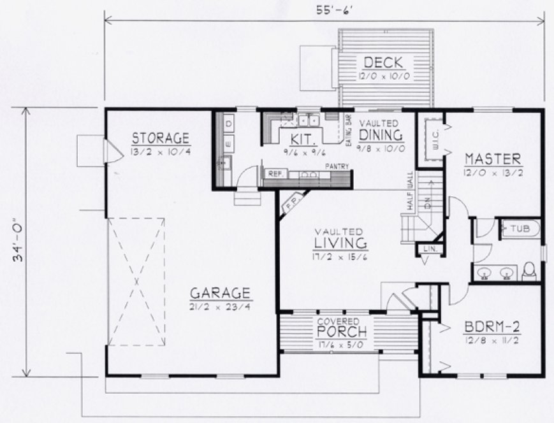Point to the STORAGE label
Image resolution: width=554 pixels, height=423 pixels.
coord(161,138)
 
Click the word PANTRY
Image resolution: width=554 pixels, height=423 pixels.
coord(336,166)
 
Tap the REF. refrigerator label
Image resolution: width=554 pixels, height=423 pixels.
coord(275,173)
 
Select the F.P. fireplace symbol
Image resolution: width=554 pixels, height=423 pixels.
coord(293,199)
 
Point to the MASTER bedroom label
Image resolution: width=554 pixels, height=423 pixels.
coord(493,159)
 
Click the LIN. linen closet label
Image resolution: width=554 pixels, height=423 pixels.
coord(428,249)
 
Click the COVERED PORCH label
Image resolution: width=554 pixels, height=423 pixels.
coord(343,330)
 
